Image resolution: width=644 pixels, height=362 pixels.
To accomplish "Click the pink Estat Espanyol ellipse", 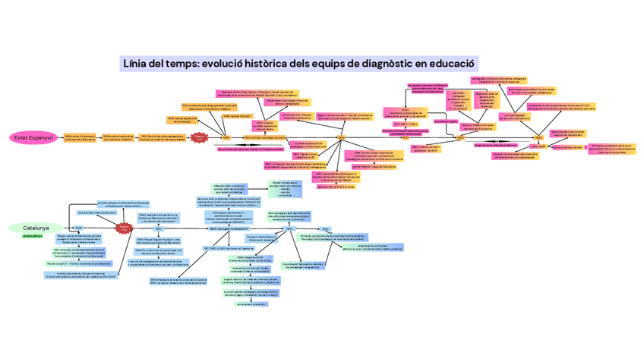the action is (33, 137).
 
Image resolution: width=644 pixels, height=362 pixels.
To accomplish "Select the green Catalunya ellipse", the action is (36, 228).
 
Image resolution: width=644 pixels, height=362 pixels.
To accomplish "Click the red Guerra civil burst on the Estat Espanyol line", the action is (199, 137).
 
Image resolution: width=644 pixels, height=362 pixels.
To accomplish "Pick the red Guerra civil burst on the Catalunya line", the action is (124, 228).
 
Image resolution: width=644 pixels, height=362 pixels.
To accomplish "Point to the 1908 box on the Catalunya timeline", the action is (78, 228).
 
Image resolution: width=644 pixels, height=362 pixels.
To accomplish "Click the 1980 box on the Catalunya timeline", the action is (325, 228).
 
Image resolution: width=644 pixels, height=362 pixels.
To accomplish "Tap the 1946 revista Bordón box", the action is (238, 116).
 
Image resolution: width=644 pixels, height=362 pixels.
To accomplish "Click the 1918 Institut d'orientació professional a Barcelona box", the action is (80, 138).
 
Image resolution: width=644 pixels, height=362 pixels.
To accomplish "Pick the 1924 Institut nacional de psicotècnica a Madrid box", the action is (117, 138).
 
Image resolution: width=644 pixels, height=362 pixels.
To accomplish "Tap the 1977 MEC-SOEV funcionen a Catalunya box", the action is (226, 248).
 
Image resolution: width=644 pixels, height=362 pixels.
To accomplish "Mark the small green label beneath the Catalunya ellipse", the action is (33, 237).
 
